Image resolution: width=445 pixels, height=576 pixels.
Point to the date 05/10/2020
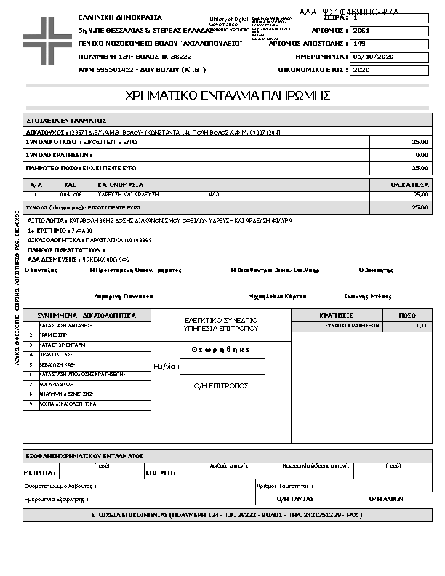[x=372, y=57]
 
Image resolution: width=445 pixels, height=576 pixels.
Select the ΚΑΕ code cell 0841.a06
[x=71, y=195]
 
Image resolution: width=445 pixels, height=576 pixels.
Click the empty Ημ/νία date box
[x=222, y=367]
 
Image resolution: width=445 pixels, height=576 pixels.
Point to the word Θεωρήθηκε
[x=221, y=350]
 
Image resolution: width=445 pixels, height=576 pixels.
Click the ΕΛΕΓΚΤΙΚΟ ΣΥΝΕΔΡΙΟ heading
[x=221, y=320]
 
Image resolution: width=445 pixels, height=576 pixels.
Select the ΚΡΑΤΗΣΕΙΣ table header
[x=336, y=316]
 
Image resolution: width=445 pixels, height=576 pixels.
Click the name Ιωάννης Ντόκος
[x=368, y=296]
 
